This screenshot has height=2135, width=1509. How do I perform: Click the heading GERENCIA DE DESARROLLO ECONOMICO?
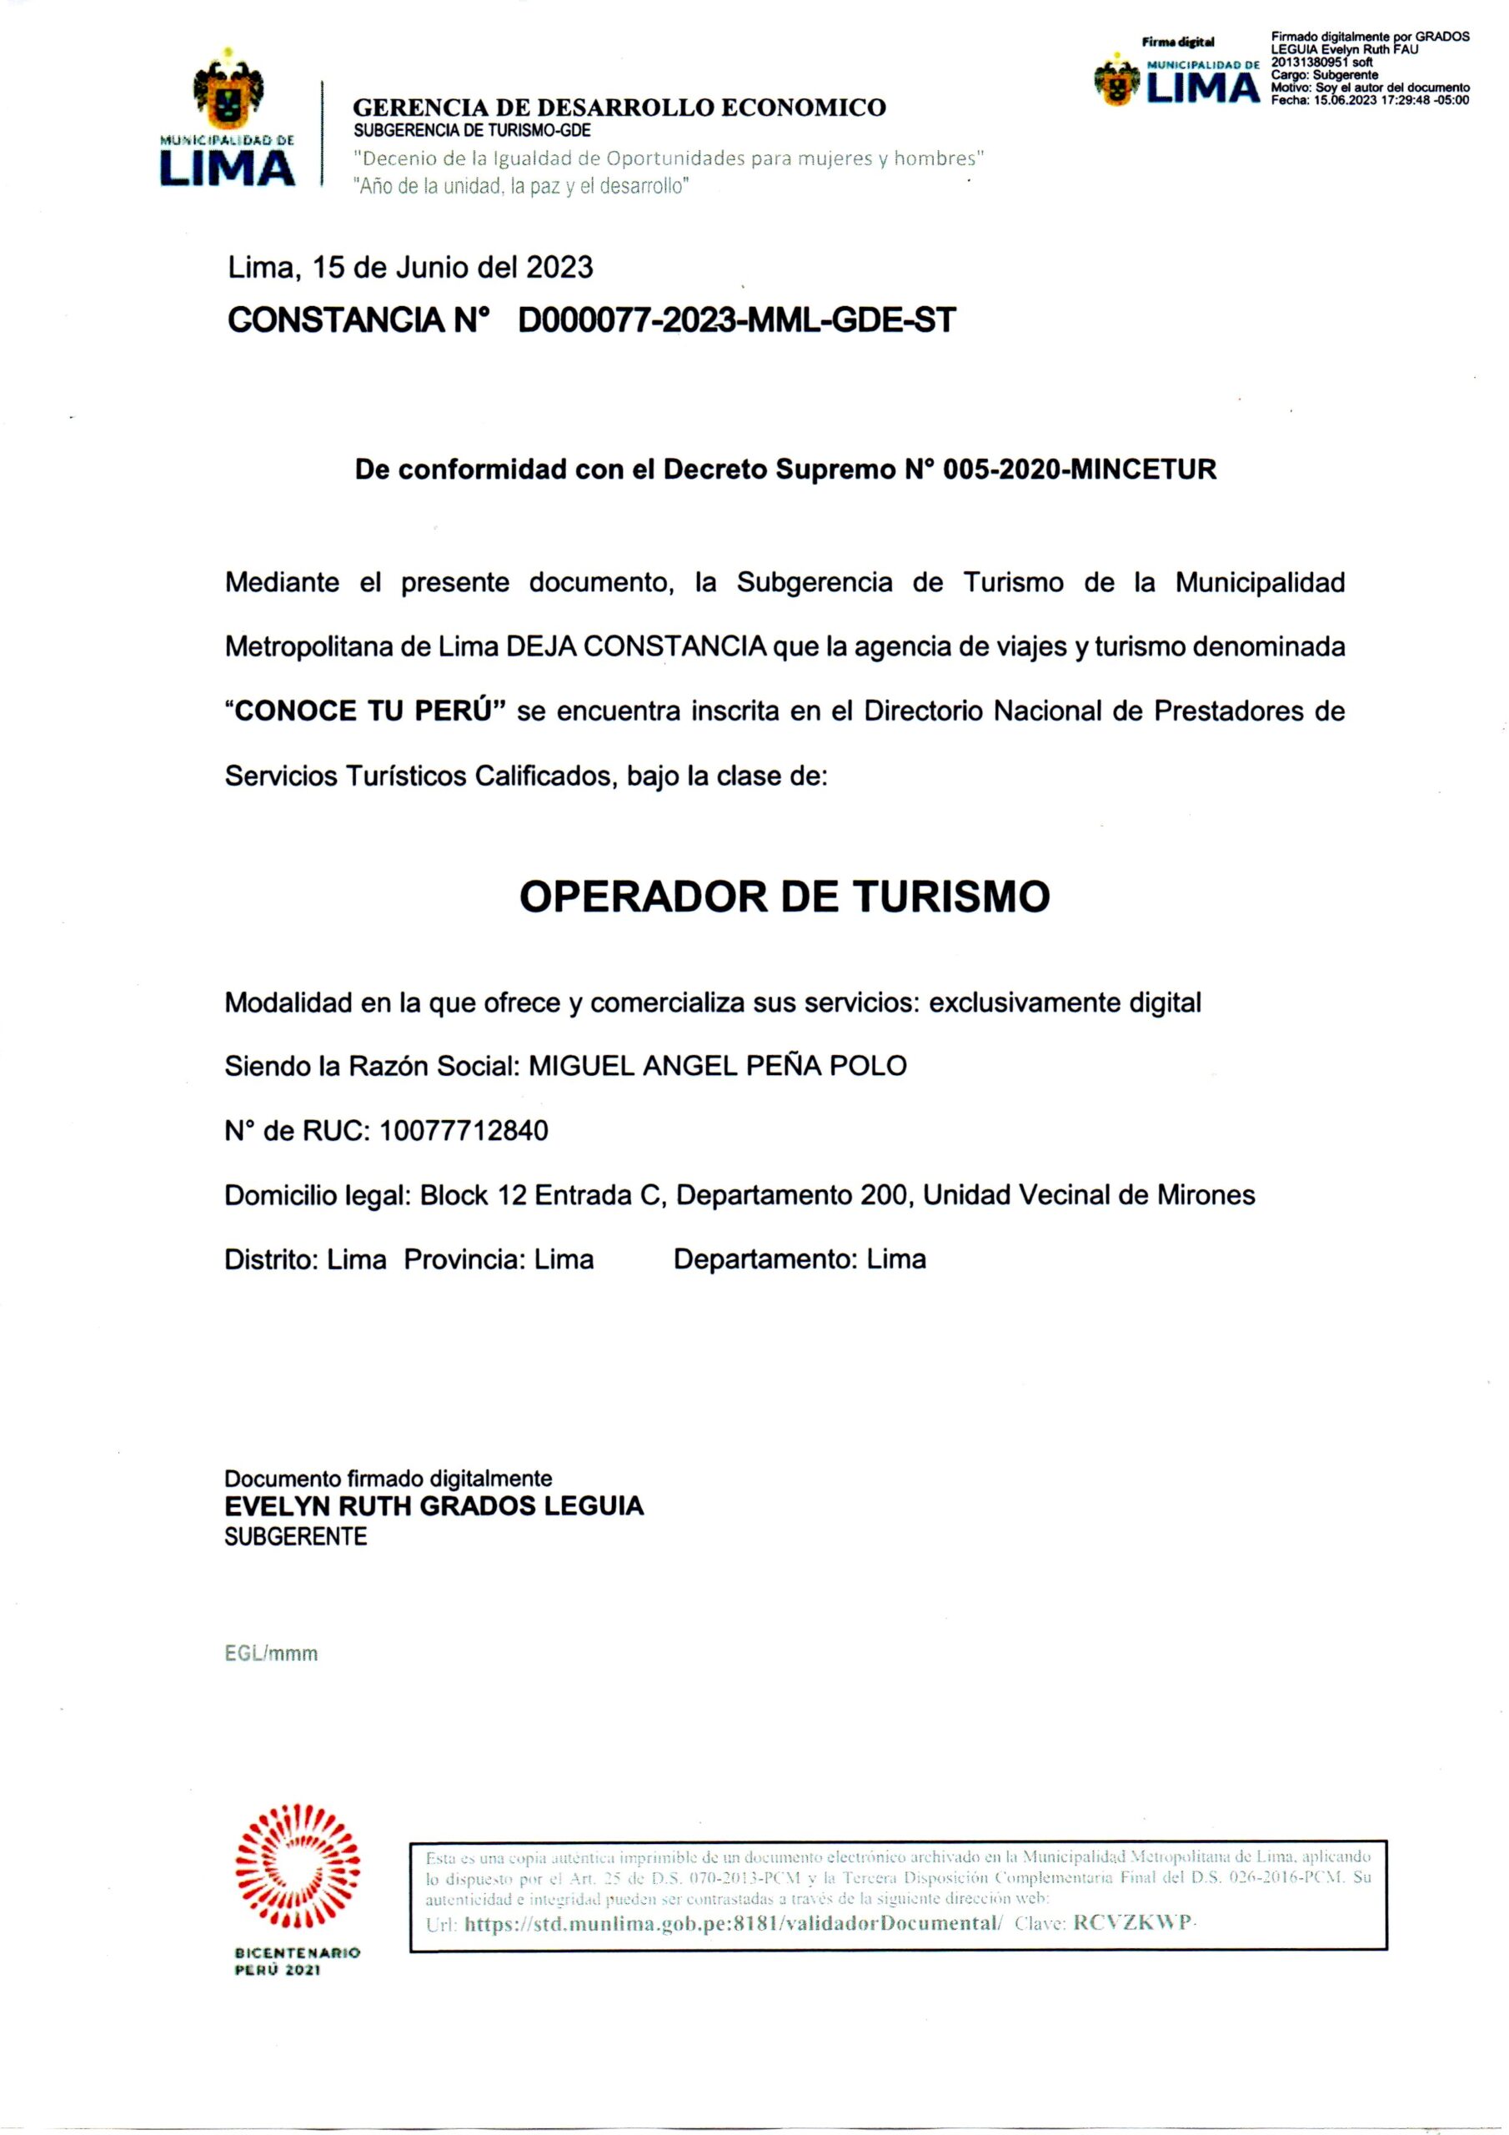(x=619, y=108)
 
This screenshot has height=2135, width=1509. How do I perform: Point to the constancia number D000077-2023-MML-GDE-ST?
(x=736, y=321)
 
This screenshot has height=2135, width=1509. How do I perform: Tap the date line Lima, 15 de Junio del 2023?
(x=410, y=268)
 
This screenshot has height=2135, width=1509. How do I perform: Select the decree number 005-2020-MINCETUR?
(x=1080, y=470)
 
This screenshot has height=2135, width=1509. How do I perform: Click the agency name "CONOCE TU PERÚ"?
(x=365, y=711)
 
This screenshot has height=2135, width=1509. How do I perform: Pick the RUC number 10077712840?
(x=464, y=1131)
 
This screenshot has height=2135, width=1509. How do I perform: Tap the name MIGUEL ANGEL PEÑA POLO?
(x=717, y=1066)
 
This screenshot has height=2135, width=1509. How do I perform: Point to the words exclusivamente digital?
(x=1065, y=1002)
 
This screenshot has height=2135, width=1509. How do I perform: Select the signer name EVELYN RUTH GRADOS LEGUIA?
(x=434, y=1505)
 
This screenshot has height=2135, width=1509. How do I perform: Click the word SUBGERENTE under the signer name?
(x=296, y=1536)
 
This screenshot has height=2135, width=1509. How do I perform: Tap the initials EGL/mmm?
(x=272, y=1653)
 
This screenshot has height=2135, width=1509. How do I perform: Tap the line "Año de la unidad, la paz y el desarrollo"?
(x=522, y=186)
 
